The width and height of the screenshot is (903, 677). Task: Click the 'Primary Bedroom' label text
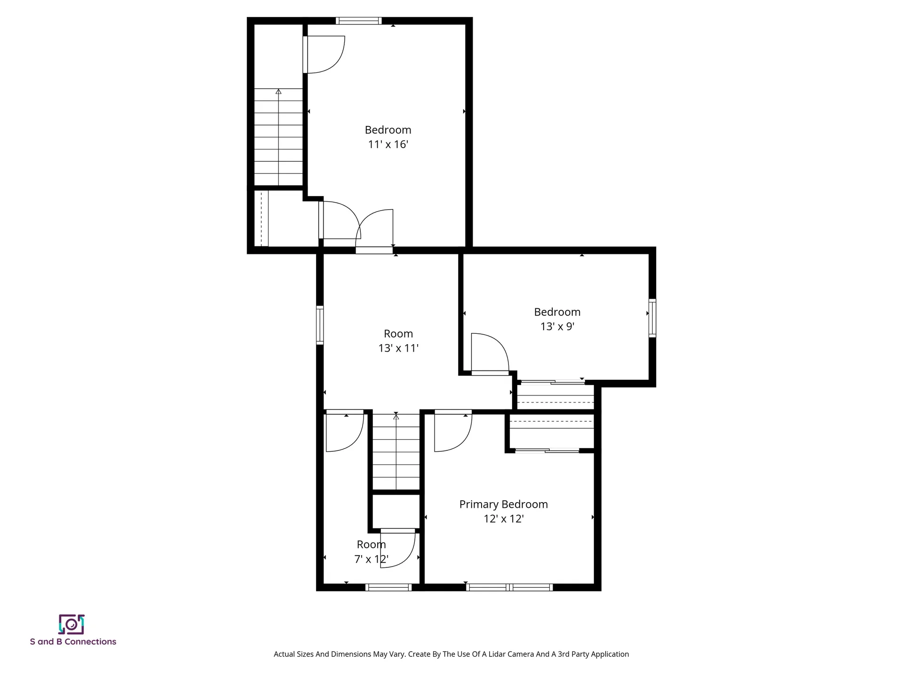click(x=503, y=504)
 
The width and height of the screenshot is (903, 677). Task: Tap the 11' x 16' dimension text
click(x=388, y=144)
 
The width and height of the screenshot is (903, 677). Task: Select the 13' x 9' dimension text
click(x=557, y=326)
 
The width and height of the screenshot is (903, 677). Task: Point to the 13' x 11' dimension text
click(x=398, y=348)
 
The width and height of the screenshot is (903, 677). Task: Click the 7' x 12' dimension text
click(x=371, y=559)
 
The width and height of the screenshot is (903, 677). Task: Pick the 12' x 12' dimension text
click(x=503, y=519)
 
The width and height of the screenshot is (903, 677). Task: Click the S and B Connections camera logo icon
click(x=71, y=624)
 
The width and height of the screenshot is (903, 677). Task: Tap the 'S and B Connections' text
click(x=73, y=642)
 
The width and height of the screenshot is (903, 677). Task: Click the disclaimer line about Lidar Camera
click(x=451, y=654)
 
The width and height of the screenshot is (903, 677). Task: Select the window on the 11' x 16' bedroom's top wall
click(x=358, y=21)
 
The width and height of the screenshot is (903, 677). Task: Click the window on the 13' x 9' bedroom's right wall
click(x=652, y=318)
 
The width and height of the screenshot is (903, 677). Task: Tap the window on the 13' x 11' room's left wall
click(x=320, y=324)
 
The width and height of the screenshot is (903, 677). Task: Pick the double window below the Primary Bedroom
click(x=509, y=587)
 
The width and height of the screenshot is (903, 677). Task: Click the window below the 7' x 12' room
click(x=388, y=587)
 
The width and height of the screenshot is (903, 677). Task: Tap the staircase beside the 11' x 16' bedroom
click(x=278, y=137)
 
